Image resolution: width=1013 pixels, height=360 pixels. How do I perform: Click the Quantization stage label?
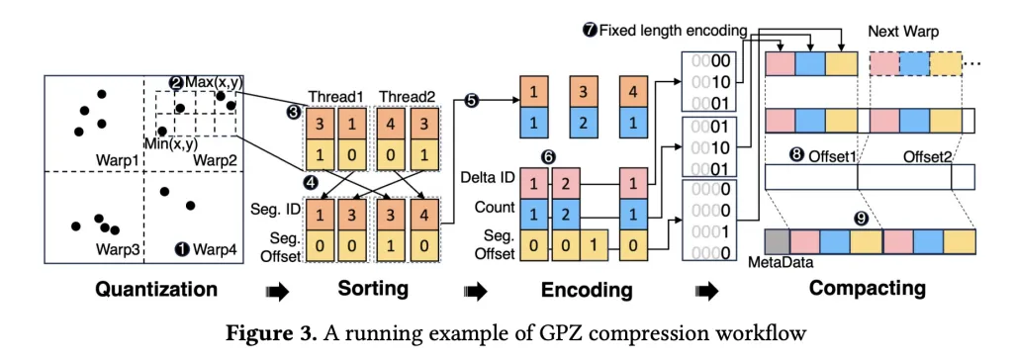(155, 290)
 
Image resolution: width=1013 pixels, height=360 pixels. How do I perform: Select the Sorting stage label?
(344, 290)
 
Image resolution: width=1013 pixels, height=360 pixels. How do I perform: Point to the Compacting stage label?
(868, 289)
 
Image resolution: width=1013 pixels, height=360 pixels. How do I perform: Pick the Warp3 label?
(117, 248)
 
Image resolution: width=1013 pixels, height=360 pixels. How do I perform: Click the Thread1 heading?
(334, 95)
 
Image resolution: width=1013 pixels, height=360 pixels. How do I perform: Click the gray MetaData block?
(777, 241)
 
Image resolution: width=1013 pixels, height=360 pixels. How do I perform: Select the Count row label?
(496, 208)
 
